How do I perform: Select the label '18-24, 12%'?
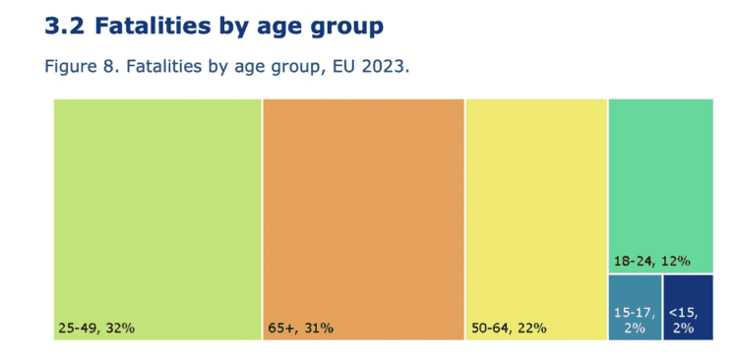[650, 262]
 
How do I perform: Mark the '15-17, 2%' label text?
[635, 320]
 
